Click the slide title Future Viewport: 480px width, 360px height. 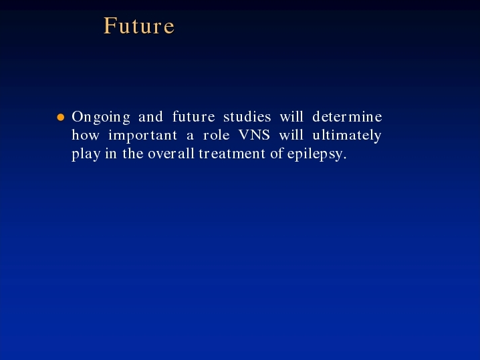(x=139, y=25)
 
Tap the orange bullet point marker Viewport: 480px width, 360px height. (x=61, y=117)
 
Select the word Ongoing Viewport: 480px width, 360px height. (x=101, y=118)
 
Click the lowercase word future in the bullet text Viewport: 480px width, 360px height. (x=193, y=116)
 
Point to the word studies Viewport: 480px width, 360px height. (x=247, y=116)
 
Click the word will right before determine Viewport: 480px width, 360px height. (x=291, y=116)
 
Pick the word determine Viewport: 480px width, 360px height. (x=347, y=116)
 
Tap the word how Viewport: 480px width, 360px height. (x=86, y=135)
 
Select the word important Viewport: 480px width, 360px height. (x=143, y=136)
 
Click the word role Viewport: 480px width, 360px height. (x=217, y=135)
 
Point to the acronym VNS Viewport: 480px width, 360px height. (x=254, y=135)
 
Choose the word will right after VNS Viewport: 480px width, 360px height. (x=291, y=135)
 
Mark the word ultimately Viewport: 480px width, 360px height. (x=347, y=136)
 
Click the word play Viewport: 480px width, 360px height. (x=86, y=154)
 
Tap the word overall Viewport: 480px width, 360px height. (x=171, y=153)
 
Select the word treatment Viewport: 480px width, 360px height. (x=232, y=154)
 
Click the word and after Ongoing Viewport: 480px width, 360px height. (x=150, y=116)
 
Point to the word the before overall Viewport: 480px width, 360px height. (x=133, y=153)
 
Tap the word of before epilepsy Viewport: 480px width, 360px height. (x=277, y=153)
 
